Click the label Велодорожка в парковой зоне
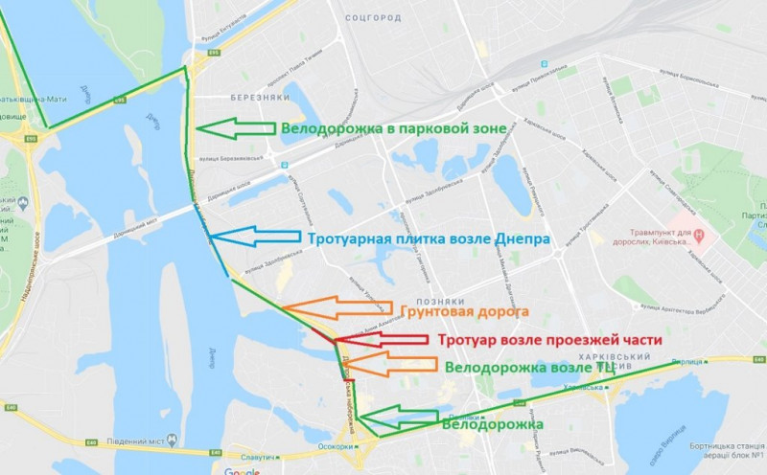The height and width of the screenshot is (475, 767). click(386, 129)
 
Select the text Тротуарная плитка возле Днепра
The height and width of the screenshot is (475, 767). click(428, 239)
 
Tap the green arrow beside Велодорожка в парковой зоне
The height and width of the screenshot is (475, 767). click(232, 128)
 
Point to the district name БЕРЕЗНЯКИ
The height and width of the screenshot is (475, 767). click(254, 98)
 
